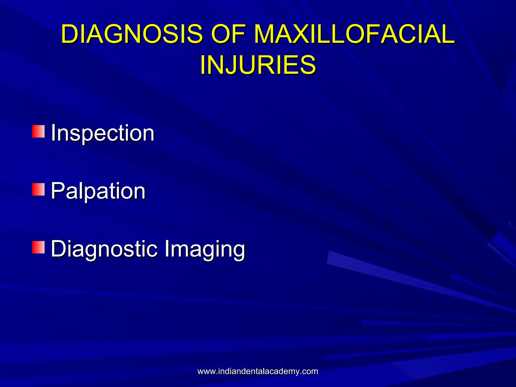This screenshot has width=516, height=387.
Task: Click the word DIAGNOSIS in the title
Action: [x=132, y=34]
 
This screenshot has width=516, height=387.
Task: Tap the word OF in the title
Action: [x=228, y=34]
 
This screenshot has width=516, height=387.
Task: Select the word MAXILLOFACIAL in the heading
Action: [x=354, y=34]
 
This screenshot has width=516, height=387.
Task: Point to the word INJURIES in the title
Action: [x=258, y=65]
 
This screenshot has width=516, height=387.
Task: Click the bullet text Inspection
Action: [x=103, y=133]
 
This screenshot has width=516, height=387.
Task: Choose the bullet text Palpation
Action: [x=98, y=191]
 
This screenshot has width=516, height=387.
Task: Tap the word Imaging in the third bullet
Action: [x=205, y=249]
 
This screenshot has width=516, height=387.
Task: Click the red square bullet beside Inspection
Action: [x=38, y=131]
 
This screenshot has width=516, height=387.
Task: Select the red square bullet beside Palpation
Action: [x=38, y=189]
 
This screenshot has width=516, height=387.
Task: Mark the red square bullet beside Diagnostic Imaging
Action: [x=38, y=247]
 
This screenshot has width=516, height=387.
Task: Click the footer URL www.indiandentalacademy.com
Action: [x=258, y=371]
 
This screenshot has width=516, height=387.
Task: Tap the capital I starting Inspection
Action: [x=53, y=133]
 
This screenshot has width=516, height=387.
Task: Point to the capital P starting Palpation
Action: [x=57, y=191]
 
